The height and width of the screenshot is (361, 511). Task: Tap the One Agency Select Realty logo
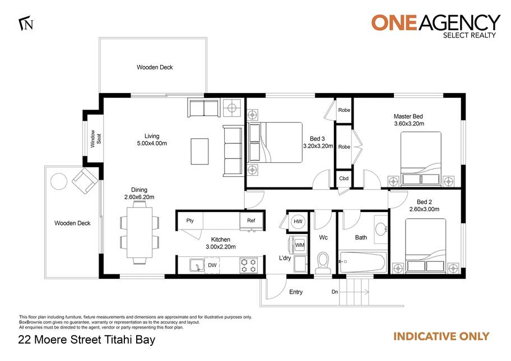[x=436, y=26]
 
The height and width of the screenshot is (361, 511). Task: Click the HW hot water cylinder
[x=298, y=222]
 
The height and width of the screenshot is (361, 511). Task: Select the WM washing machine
[x=299, y=245]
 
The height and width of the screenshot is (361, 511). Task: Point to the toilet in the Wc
[x=323, y=262]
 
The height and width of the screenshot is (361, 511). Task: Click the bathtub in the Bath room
[x=363, y=262]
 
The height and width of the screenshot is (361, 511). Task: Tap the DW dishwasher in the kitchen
[x=212, y=265]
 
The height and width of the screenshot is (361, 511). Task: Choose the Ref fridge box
[x=251, y=221]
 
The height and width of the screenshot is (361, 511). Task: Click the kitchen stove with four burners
[x=249, y=265]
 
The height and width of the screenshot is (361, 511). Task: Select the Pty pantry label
[x=190, y=221]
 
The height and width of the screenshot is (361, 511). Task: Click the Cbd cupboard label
[x=344, y=179]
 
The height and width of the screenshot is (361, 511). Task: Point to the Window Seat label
[x=96, y=139]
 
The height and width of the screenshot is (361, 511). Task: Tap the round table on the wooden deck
[x=59, y=181]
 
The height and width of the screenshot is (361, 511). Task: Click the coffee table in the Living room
[x=199, y=151]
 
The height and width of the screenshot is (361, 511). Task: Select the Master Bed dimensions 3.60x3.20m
[x=409, y=124]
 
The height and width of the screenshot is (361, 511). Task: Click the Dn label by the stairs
[x=335, y=292]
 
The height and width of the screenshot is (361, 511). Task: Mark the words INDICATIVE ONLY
[x=442, y=336]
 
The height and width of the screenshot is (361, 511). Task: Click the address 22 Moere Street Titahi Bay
[x=87, y=340]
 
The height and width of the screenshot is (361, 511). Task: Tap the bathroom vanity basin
[x=380, y=229]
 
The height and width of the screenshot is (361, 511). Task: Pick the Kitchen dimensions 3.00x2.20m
[x=221, y=247]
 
